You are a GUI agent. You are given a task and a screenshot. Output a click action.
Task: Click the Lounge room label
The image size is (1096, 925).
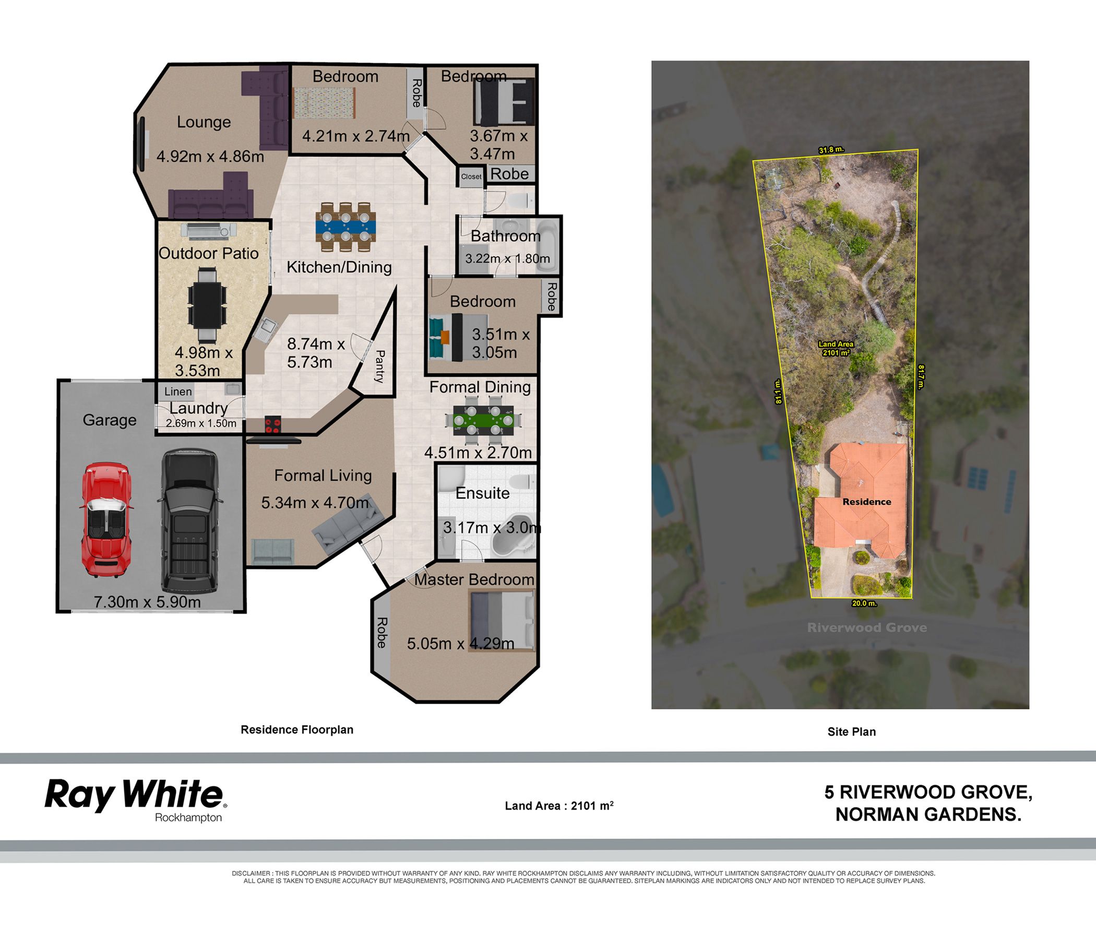click(204, 122)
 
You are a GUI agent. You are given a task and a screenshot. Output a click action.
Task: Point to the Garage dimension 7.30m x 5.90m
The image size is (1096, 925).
click(147, 601)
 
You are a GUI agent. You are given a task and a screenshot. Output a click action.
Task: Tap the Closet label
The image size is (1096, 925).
click(471, 177)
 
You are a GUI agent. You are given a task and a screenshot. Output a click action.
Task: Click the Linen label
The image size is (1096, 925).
click(178, 392)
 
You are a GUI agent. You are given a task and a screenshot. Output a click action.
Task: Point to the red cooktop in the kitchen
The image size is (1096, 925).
click(272, 424)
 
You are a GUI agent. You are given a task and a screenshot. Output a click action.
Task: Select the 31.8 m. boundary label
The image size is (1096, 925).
click(831, 150)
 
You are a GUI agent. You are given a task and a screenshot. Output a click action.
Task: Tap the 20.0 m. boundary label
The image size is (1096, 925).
click(864, 603)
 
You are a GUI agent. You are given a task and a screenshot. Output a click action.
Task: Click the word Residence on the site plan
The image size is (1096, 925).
click(867, 502)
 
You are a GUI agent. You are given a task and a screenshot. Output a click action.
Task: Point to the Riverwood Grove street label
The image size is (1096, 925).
click(867, 627)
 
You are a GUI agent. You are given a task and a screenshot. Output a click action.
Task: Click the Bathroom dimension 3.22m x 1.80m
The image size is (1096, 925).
click(507, 258)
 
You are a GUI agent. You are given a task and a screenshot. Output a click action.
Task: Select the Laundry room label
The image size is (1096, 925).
click(198, 409)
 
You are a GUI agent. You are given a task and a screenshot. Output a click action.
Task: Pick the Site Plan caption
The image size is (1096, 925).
click(852, 731)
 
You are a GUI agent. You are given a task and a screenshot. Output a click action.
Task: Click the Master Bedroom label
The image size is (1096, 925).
click(474, 579)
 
